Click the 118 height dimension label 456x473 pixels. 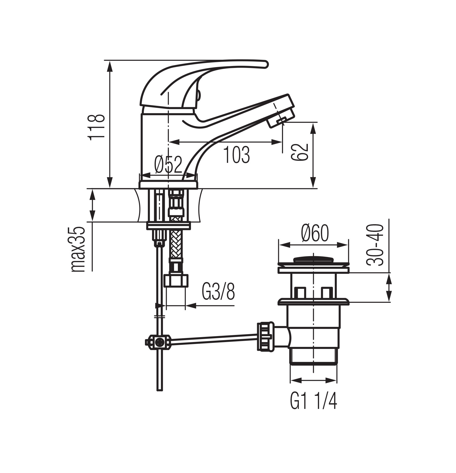[x=96, y=126]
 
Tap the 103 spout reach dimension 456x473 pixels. [x=236, y=155]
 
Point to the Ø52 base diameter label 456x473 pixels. [x=168, y=165]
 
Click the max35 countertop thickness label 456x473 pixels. [x=78, y=249]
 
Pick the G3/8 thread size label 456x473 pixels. [x=218, y=292]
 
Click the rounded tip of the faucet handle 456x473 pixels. [x=265, y=64]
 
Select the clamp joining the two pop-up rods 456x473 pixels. [x=158, y=342]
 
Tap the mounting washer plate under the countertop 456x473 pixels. [x=168, y=226]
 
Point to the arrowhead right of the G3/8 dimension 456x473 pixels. [x=191, y=306]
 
